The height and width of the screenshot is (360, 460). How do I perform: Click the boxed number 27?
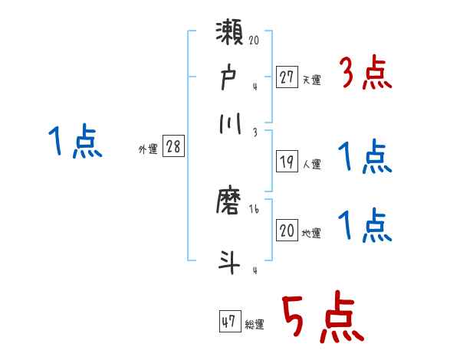tap(287, 77)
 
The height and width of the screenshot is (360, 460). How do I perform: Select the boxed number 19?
tap(287, 162)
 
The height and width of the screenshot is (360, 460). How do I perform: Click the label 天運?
tap(311, 80)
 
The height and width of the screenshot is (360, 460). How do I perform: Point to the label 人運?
tap(311, 164)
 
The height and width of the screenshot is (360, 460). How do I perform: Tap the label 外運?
tap(148, 150)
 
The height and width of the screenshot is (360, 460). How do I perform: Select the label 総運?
tap(255, 324)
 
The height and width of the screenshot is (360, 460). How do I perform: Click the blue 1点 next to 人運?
tap(365, 158)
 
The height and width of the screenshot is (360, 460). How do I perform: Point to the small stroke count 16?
tap(254, 209)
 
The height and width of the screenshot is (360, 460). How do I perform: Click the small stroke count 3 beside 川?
tap(254, 132)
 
